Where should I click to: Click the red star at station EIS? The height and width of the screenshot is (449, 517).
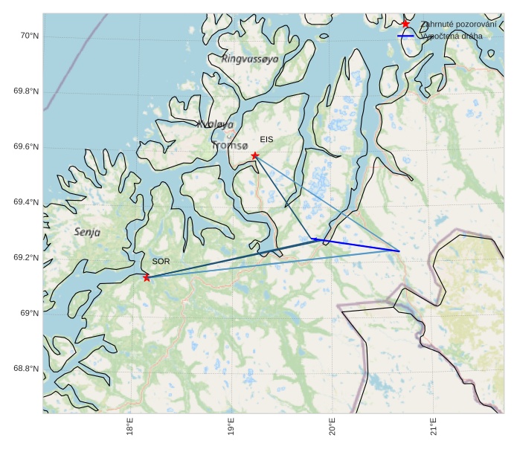click(x=255, y=155)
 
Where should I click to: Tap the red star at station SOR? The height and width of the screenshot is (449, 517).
click(x=147, y=277)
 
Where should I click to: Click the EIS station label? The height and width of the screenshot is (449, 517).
click(x=266, y=139)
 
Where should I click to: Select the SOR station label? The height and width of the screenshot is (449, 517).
click(x=161, y=262)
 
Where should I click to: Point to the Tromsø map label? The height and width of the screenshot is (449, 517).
click(x=229, y=146)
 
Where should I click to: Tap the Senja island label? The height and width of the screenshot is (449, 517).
click(x=88, y=232)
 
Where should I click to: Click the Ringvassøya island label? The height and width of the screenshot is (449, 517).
click(x=250, y=58)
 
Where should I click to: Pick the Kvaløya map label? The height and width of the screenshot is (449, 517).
click(x=216, y=125)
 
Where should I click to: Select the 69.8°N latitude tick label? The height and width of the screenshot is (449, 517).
click(x=26, y=91)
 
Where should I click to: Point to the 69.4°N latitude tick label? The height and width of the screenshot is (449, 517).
click(x=26, y=202)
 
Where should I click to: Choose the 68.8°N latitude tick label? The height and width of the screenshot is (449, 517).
click(x=26, y=369)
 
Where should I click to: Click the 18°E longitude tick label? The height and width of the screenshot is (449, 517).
click(x=130, y=430)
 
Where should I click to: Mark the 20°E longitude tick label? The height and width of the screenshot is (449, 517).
click(x=333, y=430)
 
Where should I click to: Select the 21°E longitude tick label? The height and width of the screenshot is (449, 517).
click(x=434, y=430)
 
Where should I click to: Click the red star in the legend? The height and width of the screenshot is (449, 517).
click(x=405, y=24)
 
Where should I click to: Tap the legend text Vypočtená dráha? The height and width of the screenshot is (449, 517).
click(x=452, y=36)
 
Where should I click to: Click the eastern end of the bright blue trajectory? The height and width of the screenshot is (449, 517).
click(x=399, y=251)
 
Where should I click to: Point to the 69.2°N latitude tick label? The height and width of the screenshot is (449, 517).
click(x=26, y=258)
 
